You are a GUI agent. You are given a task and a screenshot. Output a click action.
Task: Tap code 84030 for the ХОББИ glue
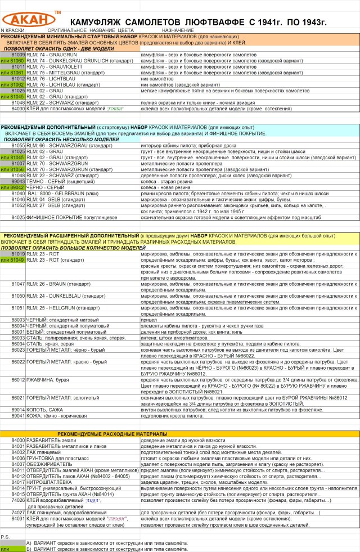[18, 108]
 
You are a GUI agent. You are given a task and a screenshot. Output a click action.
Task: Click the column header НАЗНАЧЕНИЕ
[178, 29]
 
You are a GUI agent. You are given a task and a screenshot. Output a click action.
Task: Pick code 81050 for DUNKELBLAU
[18, 295]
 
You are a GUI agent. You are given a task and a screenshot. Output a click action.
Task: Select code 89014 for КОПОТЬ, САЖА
[18, 410]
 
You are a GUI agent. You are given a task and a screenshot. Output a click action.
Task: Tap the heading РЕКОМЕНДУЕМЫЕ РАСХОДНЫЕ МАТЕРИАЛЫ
[112, 434]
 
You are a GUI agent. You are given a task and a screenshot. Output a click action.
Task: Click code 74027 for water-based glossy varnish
[18, 513]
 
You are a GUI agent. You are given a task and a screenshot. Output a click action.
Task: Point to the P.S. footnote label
[5, 537]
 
